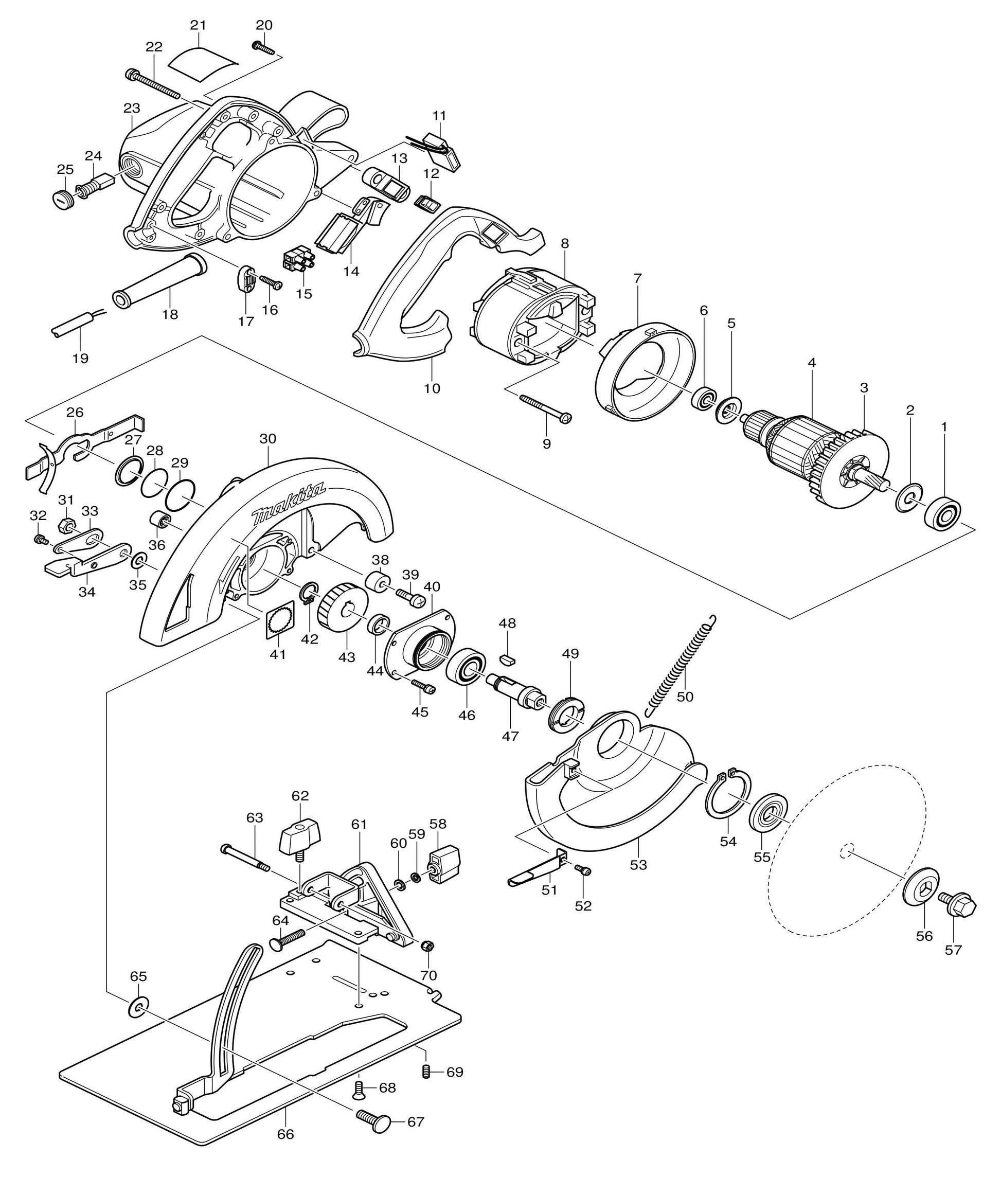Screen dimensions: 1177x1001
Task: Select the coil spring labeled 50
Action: (681, 664)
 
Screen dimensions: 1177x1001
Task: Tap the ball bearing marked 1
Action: (944, 515)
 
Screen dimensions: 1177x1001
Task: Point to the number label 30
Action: (268, 439)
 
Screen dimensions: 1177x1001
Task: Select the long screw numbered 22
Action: (152, 83)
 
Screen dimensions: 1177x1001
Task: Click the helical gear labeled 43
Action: (342, 611)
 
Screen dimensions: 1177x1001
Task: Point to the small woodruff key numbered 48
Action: (507, 659)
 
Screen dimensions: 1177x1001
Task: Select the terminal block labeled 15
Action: (298, 260)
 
